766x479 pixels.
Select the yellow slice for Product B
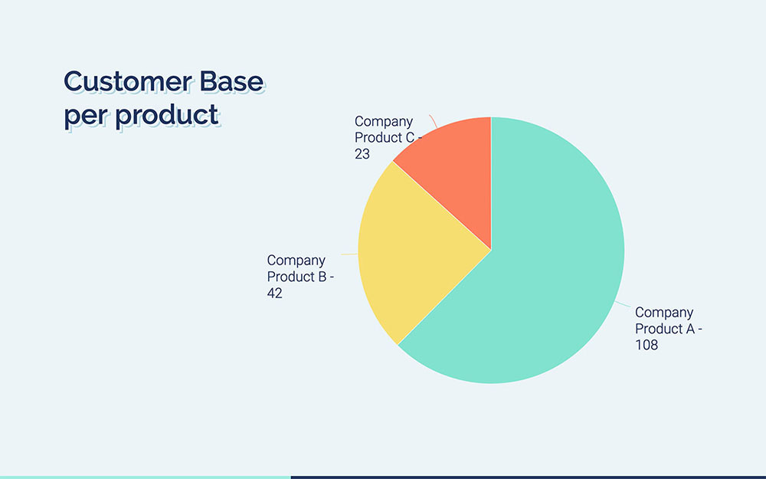click(x=414, y=245)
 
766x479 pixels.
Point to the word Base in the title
click(x=233, y=81)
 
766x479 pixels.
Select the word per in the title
click(x=81, y=117)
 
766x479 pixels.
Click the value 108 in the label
click(x=647, y=345)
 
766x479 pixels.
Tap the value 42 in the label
click(x=275, y=293)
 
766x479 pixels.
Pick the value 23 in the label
click(x=362, y=154)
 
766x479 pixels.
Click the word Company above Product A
click(x=664, y=312)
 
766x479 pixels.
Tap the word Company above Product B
click(x=296, y=261)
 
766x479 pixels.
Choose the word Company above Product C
click(x=383, y=121)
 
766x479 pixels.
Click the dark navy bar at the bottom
click(x=529, y=476)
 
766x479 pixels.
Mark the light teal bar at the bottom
click(x=146, y=476)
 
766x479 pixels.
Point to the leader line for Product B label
click(x=349, y=254)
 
